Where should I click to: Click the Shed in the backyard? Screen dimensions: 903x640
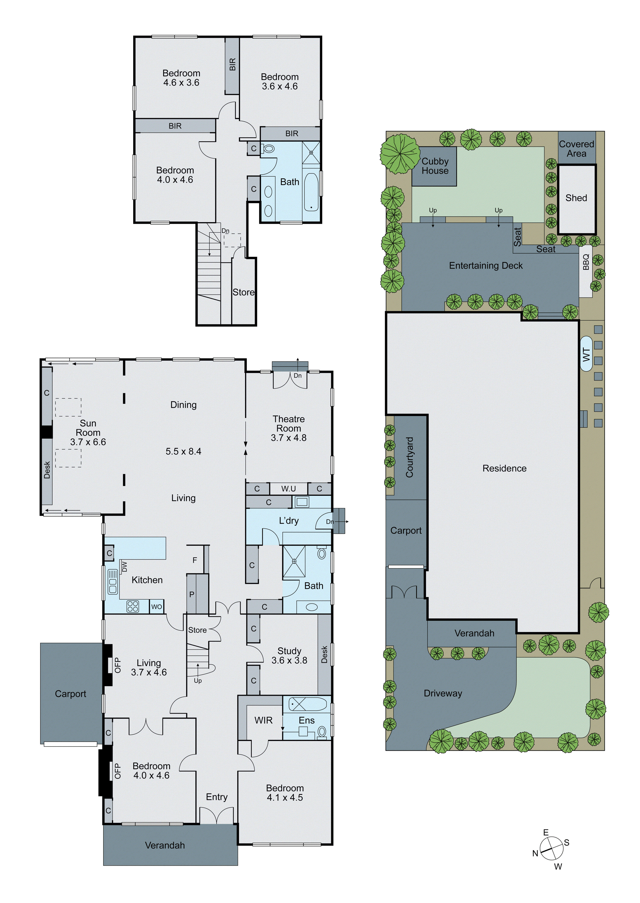pyautogui.click(x=576, y=198)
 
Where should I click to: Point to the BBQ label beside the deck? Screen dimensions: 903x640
pyautogui.click(x=586, y=262)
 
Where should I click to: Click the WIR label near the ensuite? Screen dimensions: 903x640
pyautogui.click(x=263, y=720)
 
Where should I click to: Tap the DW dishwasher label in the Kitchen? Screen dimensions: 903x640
pyautogui.click(x=125, y=566)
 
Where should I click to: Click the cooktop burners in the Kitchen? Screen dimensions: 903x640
pyautogui.click(x=133, y=606)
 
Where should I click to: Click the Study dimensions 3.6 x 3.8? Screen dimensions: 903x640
pyautogui.click(x=289, y=660)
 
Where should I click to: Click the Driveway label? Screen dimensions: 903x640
pyautogui.click(x=443, y=693)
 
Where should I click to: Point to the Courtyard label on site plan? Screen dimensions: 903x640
pyautogui.click(x=410, y=457)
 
